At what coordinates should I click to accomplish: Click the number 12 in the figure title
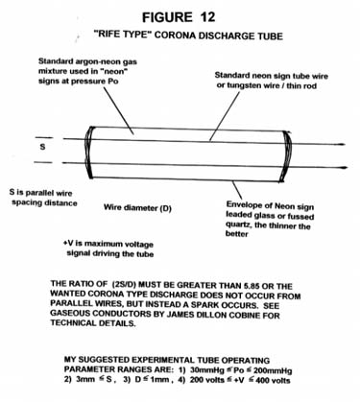[207, 17]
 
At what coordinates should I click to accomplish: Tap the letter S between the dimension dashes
[42, 148]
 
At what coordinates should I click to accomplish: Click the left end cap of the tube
[89, 153]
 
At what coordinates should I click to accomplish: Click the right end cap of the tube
[286, 156]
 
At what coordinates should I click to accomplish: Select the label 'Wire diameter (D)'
[137, 208]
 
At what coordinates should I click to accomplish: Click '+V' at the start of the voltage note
[68, 243]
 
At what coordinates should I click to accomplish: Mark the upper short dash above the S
[44, 138]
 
